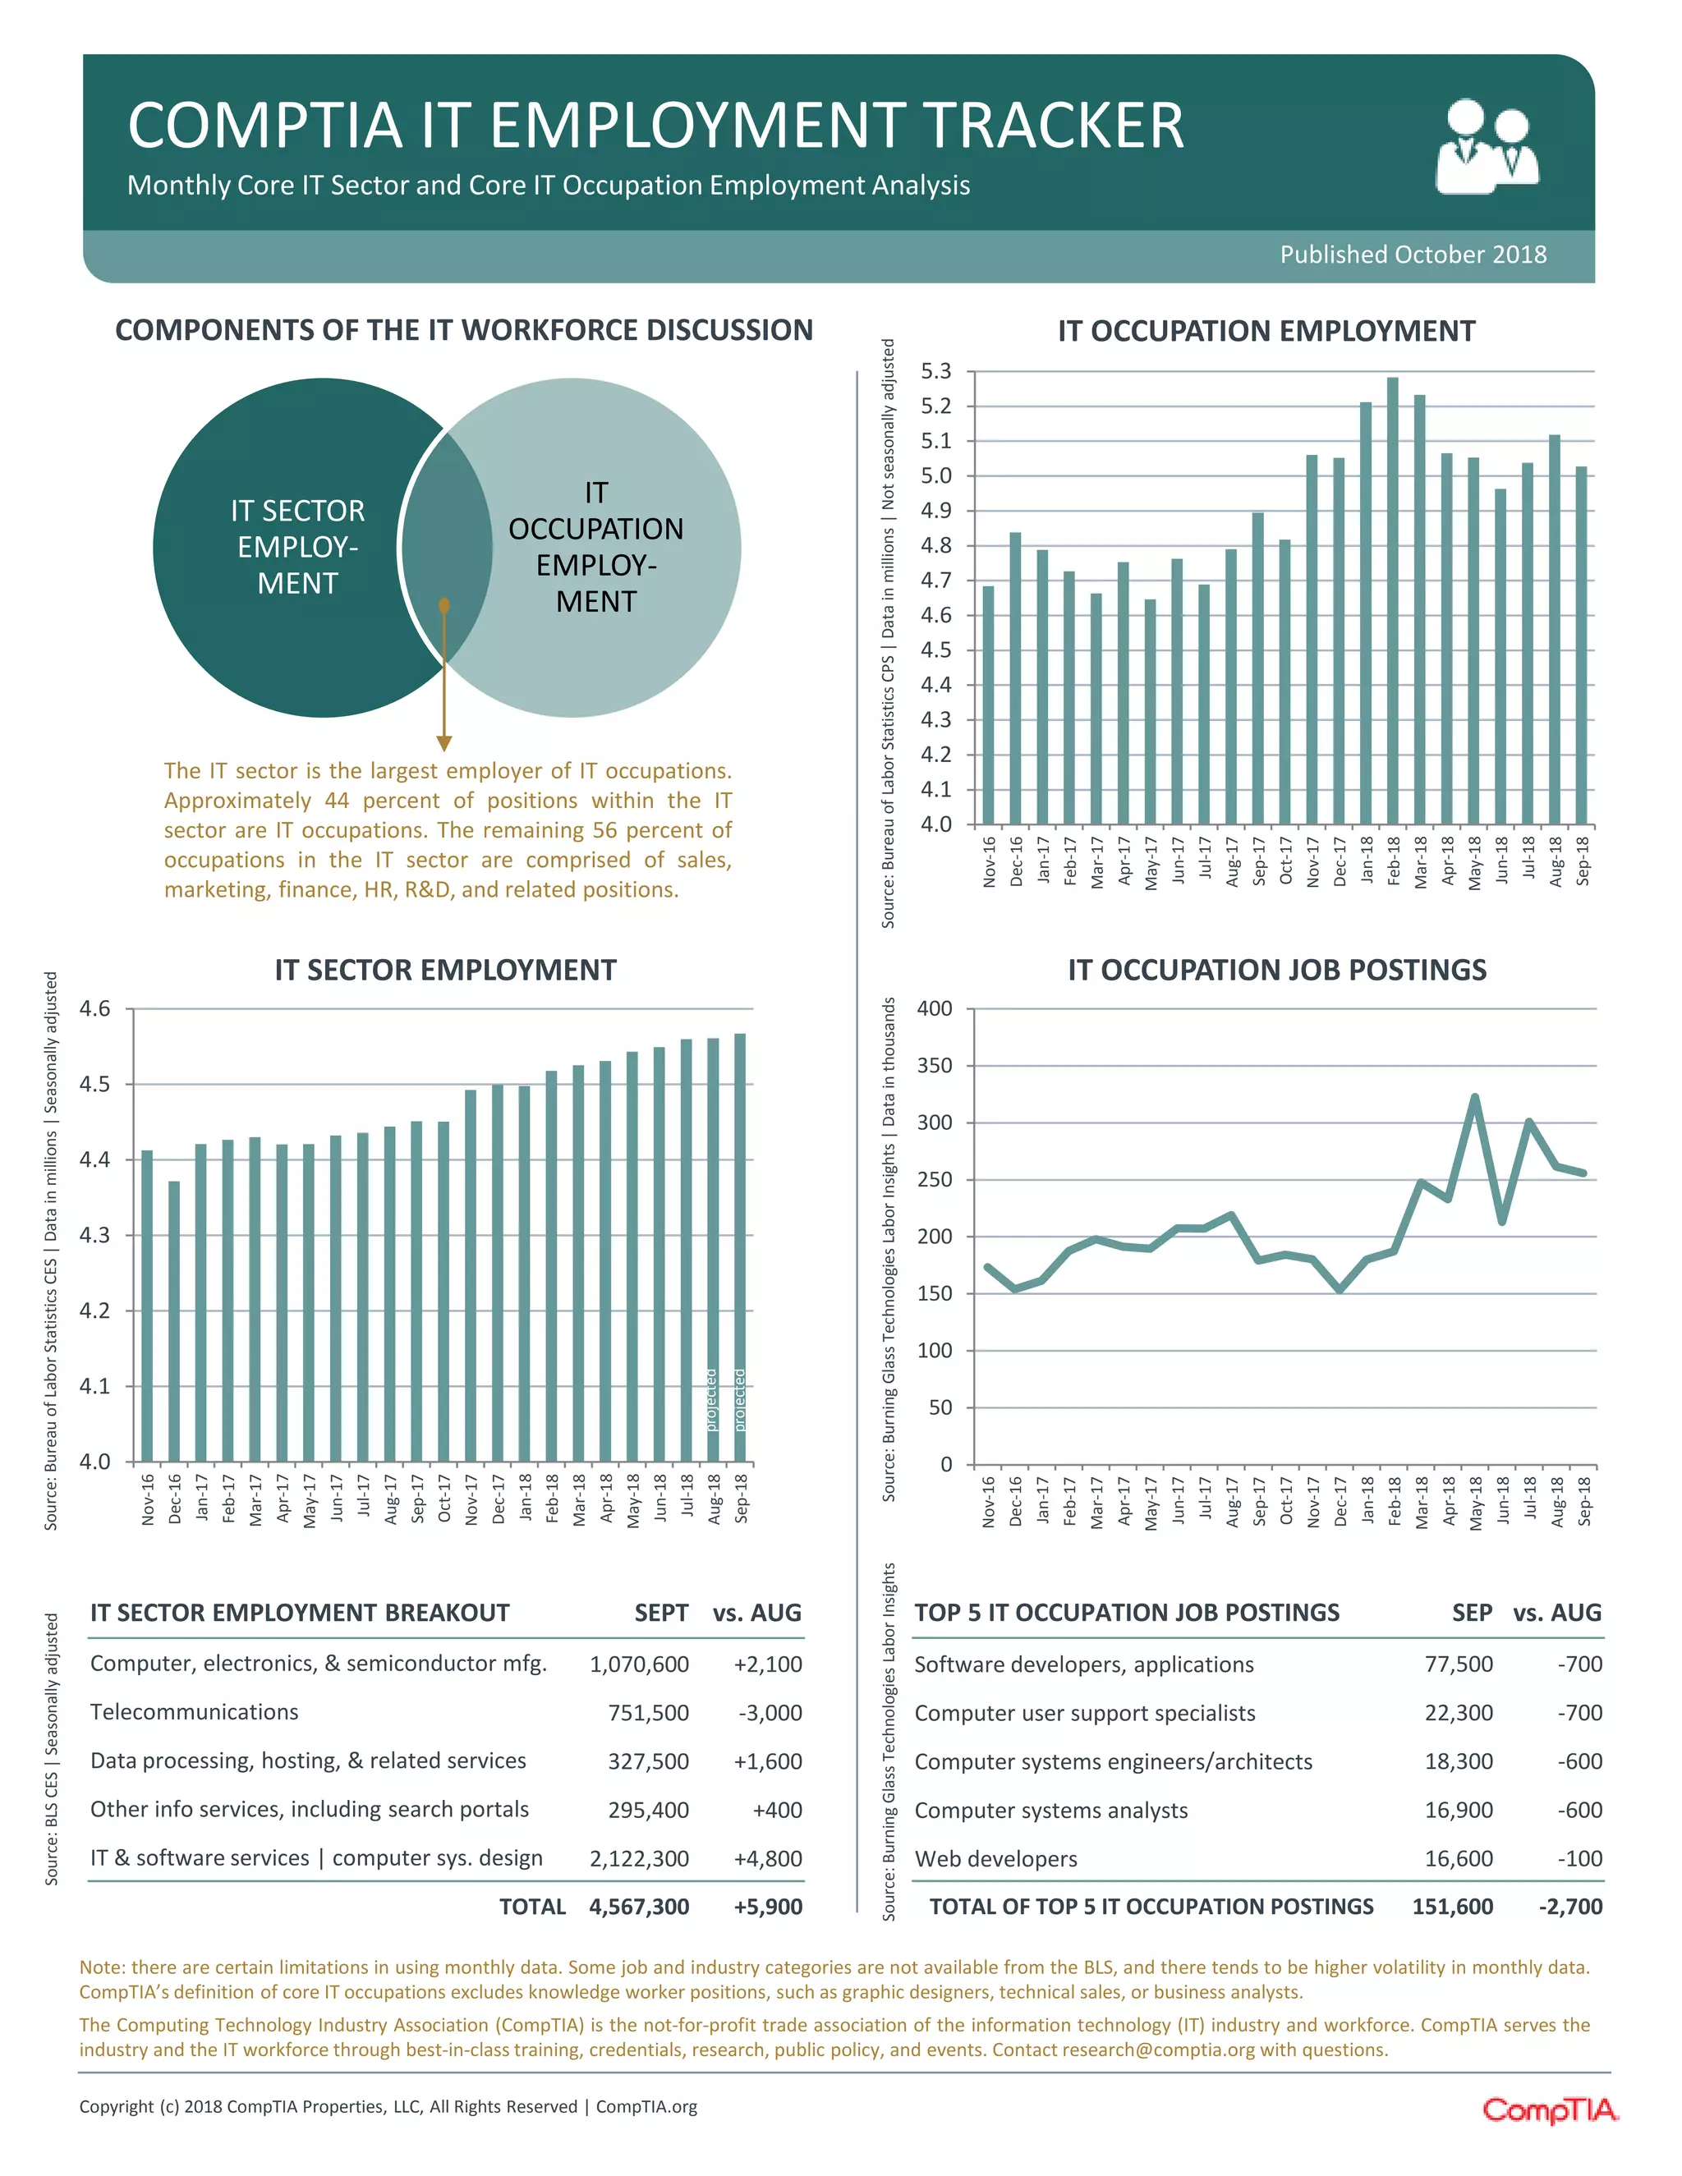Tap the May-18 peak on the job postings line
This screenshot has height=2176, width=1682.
(1475, 1097)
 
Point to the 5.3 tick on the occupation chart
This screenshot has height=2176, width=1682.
(935, 372)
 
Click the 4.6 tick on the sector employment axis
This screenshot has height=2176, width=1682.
(94, 1009)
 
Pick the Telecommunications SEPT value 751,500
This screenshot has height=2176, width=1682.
(648, 1713)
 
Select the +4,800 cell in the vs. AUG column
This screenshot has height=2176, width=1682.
(767, 1858)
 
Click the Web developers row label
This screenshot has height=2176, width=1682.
(995, 1859)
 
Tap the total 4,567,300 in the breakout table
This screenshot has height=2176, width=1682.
(639, 1907)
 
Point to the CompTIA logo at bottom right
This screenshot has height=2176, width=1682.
(1550, 2109)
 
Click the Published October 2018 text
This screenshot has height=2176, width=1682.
(1413, 255)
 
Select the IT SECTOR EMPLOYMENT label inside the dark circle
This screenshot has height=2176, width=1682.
(298, 547)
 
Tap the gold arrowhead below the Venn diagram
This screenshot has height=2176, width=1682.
(444, 743)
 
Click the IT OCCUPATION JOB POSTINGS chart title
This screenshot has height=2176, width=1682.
(1276, 970)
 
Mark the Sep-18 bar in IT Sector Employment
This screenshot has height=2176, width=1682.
(740, 1247)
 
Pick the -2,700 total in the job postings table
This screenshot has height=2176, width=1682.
(1570, 1907)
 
